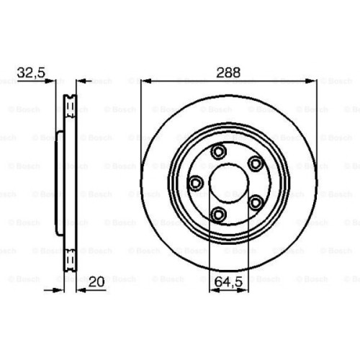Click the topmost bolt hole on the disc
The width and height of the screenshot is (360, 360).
(x=219, y=152)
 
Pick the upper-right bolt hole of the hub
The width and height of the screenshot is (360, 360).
(x=255, y=164)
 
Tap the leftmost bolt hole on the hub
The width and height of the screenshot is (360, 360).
(x=195, y=183)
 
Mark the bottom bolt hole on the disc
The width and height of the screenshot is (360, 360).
(x=218, y=213)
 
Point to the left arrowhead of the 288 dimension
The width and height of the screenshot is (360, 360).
(x=145, y=81)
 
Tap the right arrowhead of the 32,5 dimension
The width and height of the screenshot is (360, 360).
(x=80, y=81)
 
